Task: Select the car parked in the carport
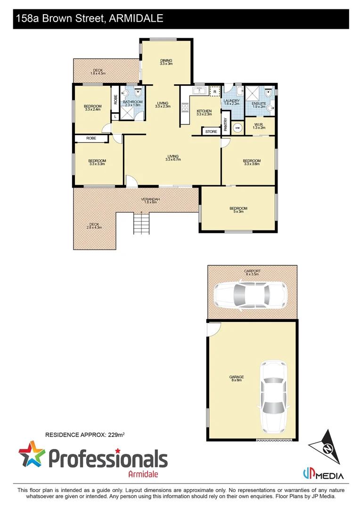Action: [250, 295]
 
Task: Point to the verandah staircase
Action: [142, 222]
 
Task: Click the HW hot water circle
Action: [238, 128]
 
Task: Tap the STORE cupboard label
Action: [212, 131]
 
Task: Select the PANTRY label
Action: [226, 124]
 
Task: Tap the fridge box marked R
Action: [215, 91]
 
